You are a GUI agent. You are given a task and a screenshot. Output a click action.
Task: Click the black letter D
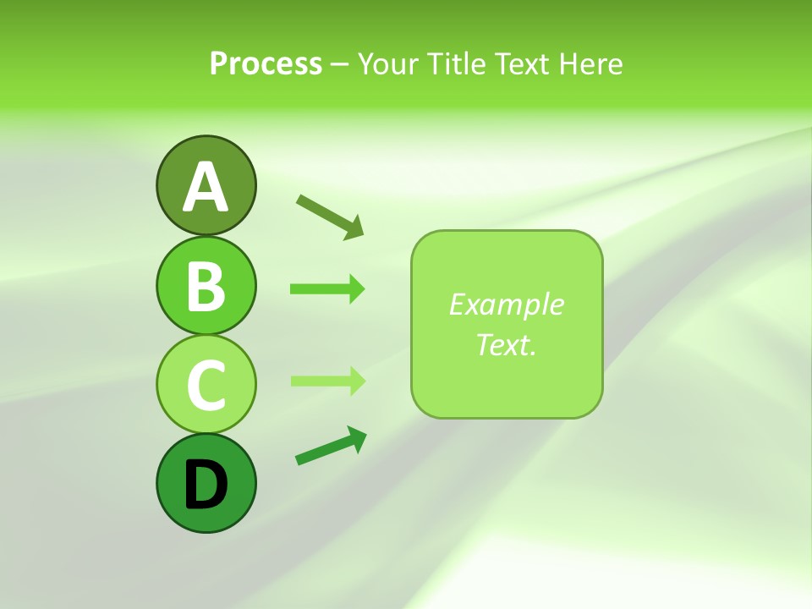[206, 484]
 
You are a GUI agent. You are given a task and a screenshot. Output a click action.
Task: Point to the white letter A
[206, 187]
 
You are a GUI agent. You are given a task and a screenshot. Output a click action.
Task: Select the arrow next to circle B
[327, 289]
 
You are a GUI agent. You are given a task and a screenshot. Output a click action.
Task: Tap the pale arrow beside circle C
[327, 381]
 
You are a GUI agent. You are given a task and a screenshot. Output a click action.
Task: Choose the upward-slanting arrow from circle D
[331, 446]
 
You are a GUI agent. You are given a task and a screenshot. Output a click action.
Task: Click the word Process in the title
[266, 64]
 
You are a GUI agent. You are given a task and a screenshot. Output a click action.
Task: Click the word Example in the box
[506, 304]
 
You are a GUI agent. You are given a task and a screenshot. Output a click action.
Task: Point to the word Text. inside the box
[506, 344]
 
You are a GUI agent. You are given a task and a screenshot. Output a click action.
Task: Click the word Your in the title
[388, 64]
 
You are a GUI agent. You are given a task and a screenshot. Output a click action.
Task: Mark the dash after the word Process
[338, 65]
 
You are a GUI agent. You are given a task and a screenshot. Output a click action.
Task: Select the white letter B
[206, 286]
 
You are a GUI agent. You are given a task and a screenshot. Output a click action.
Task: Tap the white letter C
[206, 385]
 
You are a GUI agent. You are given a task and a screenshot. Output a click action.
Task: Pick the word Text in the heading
[522, 64]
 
